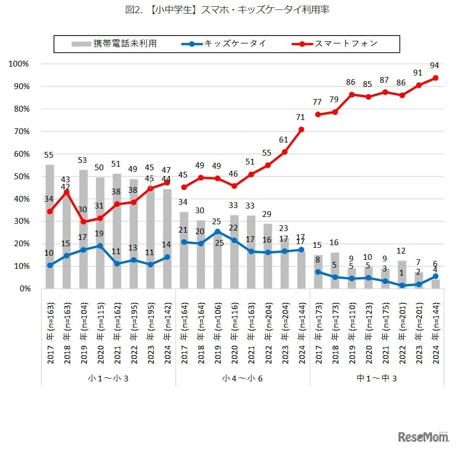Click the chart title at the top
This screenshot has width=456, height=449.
point(227,9)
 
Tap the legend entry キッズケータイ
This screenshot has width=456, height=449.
point(235,43)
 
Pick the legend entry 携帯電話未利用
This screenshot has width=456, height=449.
point(125,43)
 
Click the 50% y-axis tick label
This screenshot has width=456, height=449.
point(20,177)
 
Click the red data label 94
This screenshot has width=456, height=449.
point(434,65)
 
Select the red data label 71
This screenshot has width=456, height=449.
point(300,117)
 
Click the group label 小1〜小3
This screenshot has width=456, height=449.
point(108,378)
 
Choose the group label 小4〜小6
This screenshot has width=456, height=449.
point(242,378)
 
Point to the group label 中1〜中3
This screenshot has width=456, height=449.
point(377,378)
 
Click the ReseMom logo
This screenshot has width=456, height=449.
point(423,436)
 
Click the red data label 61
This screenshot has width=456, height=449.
point(284,140)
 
